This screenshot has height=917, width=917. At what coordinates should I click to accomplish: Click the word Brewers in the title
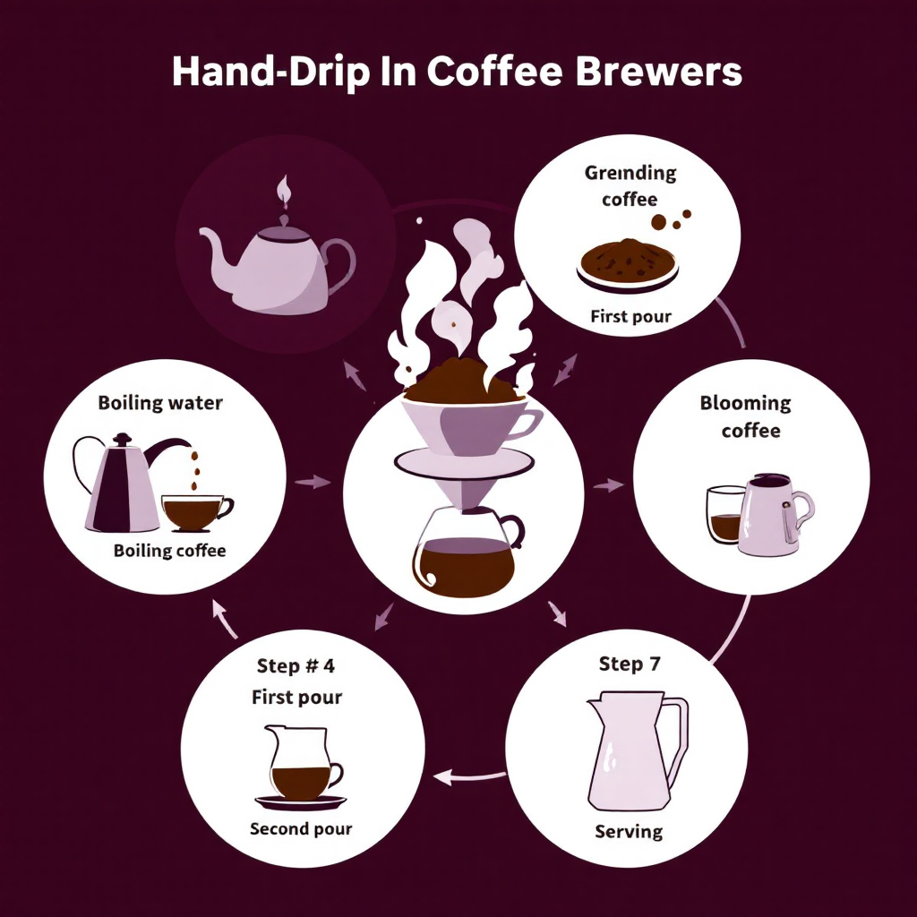[x=658, y=72]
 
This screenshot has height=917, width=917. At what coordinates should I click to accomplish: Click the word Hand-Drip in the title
[x=270, y=72]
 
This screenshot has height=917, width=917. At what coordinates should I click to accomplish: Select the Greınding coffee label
[x=630, y=185]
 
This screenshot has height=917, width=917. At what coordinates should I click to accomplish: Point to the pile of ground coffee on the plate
[x=628, y=258]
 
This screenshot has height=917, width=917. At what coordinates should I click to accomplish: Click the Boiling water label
[x=160, y=403]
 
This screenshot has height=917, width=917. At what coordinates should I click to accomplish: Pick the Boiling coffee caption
[x=169, y=551]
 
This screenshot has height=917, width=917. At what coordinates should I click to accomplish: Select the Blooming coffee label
[x=747, y=416]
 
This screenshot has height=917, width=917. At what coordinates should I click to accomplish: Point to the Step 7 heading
[x=630, y=664]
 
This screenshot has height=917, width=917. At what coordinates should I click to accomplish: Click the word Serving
[x=629, y=831]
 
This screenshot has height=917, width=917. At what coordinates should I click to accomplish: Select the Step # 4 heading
[x=296, y=665]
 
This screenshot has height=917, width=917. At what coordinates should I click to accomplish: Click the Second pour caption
[x=301, y=828]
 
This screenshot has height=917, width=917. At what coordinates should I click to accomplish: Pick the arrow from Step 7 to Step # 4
[x=469, y=776]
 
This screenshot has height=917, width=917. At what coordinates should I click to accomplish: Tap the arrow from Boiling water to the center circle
[x=313, y=482]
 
